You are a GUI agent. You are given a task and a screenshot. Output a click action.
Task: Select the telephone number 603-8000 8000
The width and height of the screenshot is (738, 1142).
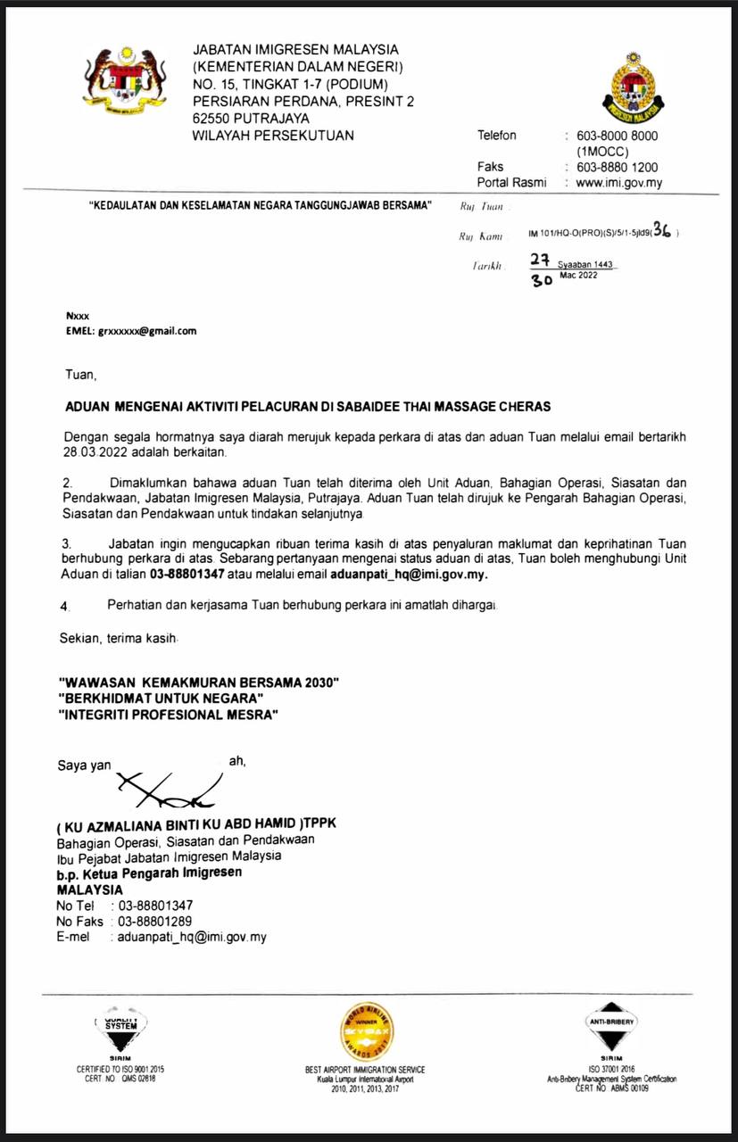[618, 136]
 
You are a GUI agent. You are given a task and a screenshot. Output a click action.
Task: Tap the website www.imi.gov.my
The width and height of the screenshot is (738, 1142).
[619, 183]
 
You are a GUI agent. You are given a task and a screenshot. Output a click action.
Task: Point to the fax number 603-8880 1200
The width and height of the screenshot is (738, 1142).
[618, 167]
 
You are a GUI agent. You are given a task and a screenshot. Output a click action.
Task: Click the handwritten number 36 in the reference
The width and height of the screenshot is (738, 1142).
[662, 230]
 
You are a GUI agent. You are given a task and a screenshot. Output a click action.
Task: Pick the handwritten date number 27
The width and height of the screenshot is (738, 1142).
[539, 261]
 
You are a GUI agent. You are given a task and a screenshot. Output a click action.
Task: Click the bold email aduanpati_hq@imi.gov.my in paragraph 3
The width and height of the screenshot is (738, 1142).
[409, 575]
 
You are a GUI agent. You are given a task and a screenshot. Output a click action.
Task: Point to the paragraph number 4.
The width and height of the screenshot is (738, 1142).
[63, 606]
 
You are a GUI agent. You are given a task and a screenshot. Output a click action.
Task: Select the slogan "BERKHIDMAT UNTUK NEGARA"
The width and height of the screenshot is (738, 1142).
[161, 699]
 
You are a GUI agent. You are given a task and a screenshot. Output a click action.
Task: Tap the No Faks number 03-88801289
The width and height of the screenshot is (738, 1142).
[155, 921]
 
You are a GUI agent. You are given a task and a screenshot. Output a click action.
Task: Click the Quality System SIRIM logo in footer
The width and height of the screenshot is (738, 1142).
[120, 1026]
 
